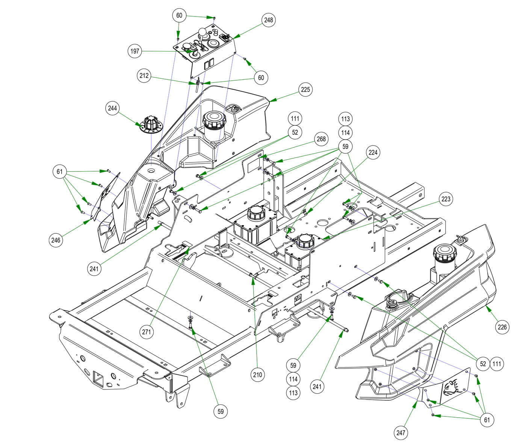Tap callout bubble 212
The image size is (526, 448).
(144, 76)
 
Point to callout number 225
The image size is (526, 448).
(306, 90)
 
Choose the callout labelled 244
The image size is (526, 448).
(112, 108)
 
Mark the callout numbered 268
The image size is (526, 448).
(321, 139)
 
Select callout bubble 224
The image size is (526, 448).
(373, 152)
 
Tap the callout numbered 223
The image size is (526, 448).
(446, 199)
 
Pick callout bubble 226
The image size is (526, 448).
(502, 327)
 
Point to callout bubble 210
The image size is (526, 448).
(258, 374)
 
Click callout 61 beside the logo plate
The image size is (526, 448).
(487, 419)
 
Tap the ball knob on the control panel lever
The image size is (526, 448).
(203, 32)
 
